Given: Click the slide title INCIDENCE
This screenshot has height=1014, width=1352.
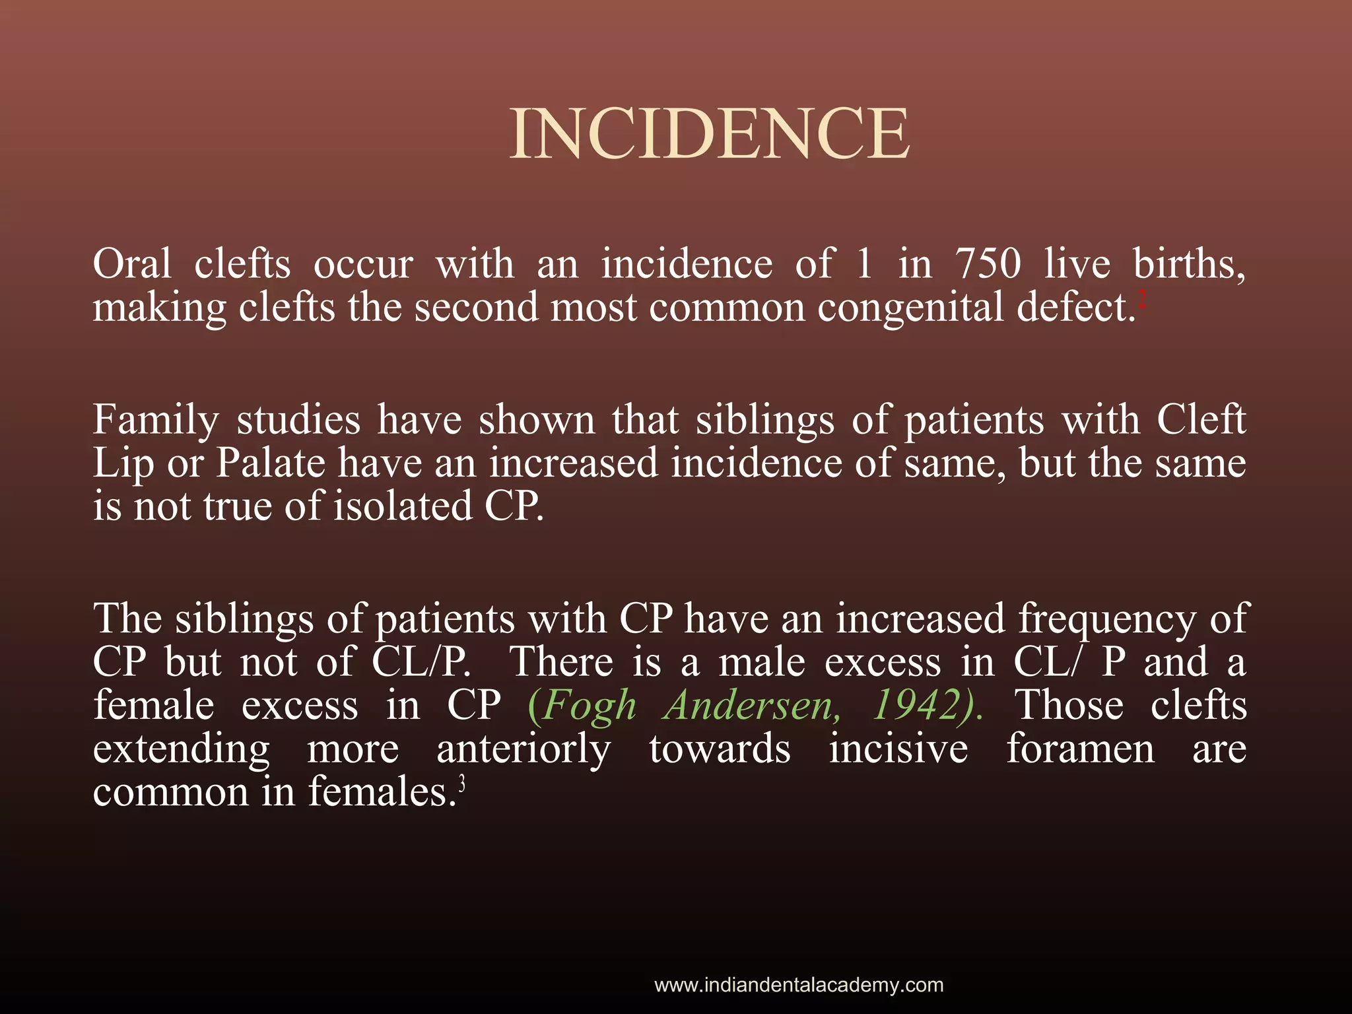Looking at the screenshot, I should pos(710,135).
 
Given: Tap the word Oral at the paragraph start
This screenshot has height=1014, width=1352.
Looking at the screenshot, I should pos(132,264).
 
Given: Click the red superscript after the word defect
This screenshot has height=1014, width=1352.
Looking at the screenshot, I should pos(1143,300).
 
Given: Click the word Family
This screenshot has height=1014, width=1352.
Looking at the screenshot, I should pos(155,420).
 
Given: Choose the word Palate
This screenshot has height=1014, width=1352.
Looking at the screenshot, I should pos(271,463).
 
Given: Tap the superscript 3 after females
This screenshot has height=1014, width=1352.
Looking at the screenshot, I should pos(461,784).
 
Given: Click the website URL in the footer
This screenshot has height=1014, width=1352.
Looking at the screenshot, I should pos(799,985).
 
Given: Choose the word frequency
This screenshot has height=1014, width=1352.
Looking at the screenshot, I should pos(1106,620).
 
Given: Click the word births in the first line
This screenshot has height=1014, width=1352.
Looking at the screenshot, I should pos(1189,264).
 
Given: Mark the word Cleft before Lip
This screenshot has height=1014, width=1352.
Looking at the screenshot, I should pos(1201,420).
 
